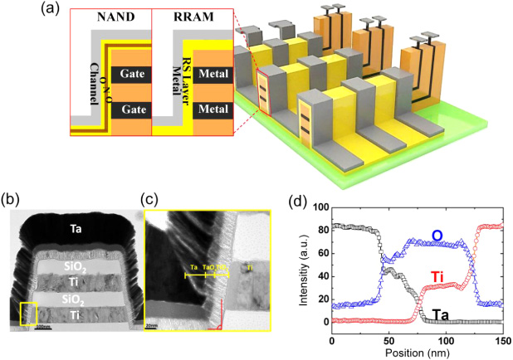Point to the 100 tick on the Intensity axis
[317, 207]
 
